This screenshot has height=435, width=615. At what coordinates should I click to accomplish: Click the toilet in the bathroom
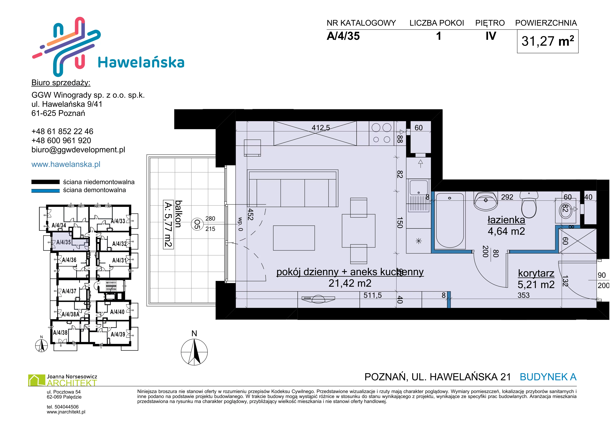pyautogui.click(x=529, y=205)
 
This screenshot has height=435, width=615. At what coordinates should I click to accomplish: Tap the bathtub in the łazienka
pyautogui.click(x=450, y=220)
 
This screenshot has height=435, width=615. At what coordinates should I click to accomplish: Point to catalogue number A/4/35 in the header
pyautogui.click(x=343, y=36)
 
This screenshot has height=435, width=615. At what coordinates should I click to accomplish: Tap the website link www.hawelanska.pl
pyautogui.click(x=66, y=164)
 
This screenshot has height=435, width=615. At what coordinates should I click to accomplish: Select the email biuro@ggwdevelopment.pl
pyautogui.click(x=78, y=150)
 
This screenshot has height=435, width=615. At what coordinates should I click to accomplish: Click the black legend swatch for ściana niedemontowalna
pyautogui.click(x=46, y=182)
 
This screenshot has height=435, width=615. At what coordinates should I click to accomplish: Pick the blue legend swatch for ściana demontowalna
pyautogui.click(x=46, y=190)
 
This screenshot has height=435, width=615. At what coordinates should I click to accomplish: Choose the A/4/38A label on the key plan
pyautogui.click(x=70, y=314)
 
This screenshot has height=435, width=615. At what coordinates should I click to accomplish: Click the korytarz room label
pyautogui.click(x=536, y=273)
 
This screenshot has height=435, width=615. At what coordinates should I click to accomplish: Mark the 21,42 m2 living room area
pyautogui.click(x=350, y=283)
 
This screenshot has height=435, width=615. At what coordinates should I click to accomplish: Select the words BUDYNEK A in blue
pyautogui.click(x=548, y=377)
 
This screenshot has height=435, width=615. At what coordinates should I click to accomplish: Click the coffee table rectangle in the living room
pyautogui.click(x=294, y=238)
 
